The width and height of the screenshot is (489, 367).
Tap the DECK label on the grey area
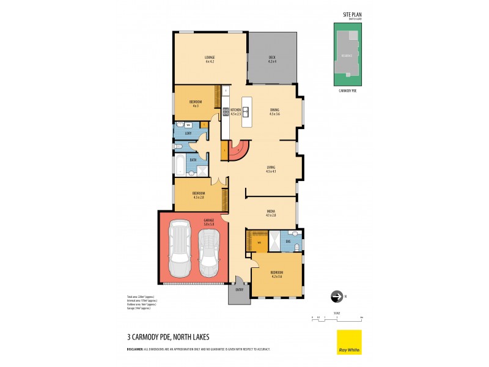pyautogui.click(x=272, y=59)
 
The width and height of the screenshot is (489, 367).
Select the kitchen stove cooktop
pyautogui.click(x=225, y=112)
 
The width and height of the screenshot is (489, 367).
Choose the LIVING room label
pyautogui.click(x=271, y=168)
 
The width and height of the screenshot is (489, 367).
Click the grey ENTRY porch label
pyautogui.click(x=239, y=289)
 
